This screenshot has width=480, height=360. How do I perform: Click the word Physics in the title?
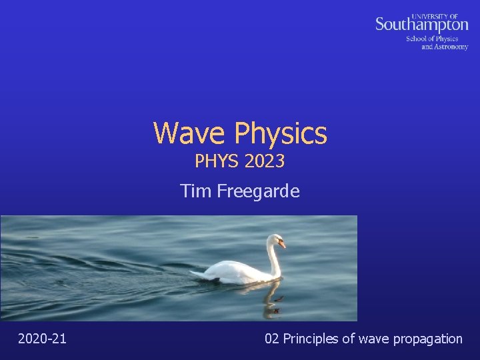click(280, 133)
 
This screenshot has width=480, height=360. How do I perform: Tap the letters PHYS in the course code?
click(216, 161)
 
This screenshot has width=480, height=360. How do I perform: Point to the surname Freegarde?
click(259, 192)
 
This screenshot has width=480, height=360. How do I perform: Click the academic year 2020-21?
click(42, 339)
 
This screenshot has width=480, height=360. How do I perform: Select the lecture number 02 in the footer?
click(272, 339)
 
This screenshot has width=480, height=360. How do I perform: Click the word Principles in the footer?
click(311, 339)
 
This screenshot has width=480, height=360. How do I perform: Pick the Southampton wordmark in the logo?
click(421, 25)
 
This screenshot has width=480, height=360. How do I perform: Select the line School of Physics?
click(432, 39)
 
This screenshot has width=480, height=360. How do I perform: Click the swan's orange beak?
click(283, 245)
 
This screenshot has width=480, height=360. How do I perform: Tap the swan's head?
click(275, 240)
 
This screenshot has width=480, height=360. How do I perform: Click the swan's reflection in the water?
click(270, 300)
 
